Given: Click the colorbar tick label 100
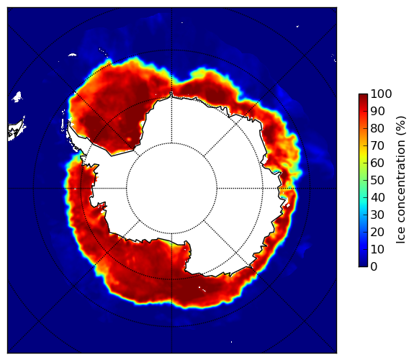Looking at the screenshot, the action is [381, 94].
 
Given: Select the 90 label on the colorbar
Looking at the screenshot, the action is [377, 111].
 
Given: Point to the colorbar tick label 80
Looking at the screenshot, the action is [377, 128].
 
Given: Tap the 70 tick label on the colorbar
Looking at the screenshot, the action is [377, 145].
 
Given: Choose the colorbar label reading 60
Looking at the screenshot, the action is [377, 163].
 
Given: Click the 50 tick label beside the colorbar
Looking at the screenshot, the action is [377, 180].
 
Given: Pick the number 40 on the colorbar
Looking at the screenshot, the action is [377, 197].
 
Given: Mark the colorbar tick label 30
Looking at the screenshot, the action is [377, 215].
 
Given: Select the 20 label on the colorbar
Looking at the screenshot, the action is [377, 232].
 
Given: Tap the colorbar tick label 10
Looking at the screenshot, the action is [377, 249].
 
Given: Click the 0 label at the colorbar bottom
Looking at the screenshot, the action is [374, 266].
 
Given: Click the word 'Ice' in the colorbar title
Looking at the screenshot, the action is [400, 237].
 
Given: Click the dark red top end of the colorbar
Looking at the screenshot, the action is [363, 96].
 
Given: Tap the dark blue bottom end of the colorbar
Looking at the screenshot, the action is [363, 265].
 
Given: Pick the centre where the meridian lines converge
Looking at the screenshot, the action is [171, 188].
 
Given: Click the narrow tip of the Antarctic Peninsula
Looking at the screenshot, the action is [69, 123].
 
